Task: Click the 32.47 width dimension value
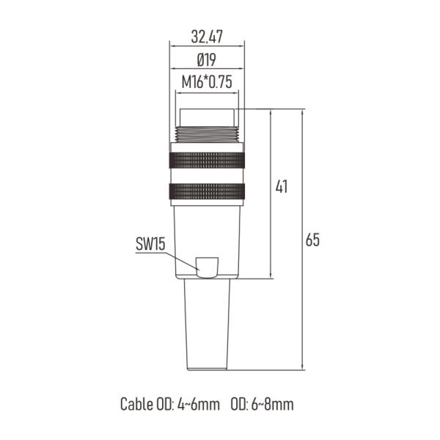click(x=207, y=35)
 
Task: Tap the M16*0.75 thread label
click(x=207, y=82)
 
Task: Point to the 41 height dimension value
click(x=281, y=187)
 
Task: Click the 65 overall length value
click(x=312, y=241)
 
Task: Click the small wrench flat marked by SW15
click(x=208, y=268)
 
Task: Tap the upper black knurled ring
click(x=207, y=158)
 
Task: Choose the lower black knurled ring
click(x=207, y=192)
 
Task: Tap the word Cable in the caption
click(x=136, y=404)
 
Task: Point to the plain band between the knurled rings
click(x=207, y=175)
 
